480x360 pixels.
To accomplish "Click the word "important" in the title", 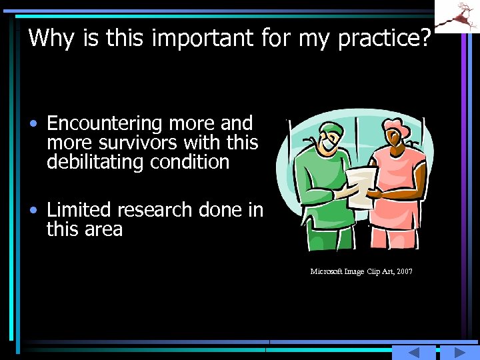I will click(x=202, y=38).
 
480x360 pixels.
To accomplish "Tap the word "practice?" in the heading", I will click(x=385, y=38).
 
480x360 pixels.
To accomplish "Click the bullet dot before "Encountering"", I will click(x=33, y=125).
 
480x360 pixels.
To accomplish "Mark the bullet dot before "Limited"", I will click(x=33, y=211).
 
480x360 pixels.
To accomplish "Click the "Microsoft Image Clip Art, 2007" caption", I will click(x=361, y=271).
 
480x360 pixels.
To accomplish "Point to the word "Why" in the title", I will click(x=53, y=38).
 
